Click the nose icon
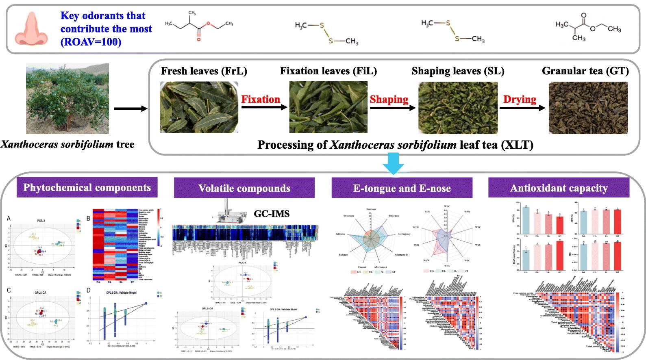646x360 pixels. [x=31, y=28]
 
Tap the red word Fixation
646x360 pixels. [x=261, y=99]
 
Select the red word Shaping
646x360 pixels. [x=389, y=99]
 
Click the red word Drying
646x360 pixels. [x=520, y=99]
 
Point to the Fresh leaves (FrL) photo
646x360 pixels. [x=199, y=107]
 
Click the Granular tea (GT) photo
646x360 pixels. [x=588, y=108]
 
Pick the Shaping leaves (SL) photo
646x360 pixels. [x=458, y=108]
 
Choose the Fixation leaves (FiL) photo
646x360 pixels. [x=328, y=107]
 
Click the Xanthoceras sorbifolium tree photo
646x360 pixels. [x=67, y=98]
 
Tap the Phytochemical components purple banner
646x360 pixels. [x=87, y=187]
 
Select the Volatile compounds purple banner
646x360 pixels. [x=244, y=188]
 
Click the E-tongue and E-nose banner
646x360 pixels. [x=402, y=188]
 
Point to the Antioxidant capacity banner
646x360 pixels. [x=559, y=188]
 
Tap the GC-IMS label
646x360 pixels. [x=272, y=214]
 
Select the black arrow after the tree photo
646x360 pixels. [x=130, y=108]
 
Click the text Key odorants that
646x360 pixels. [x=103, y=16]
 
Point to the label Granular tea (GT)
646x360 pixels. [x=585, y=71]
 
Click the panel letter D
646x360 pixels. [x=89, y=290]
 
